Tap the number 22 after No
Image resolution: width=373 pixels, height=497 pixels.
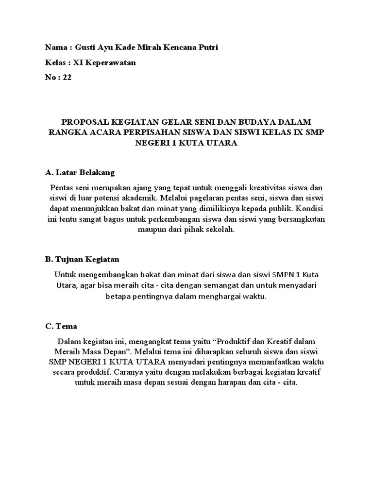[x=67, y=78]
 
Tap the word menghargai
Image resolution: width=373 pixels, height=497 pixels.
[x=211, y=296]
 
